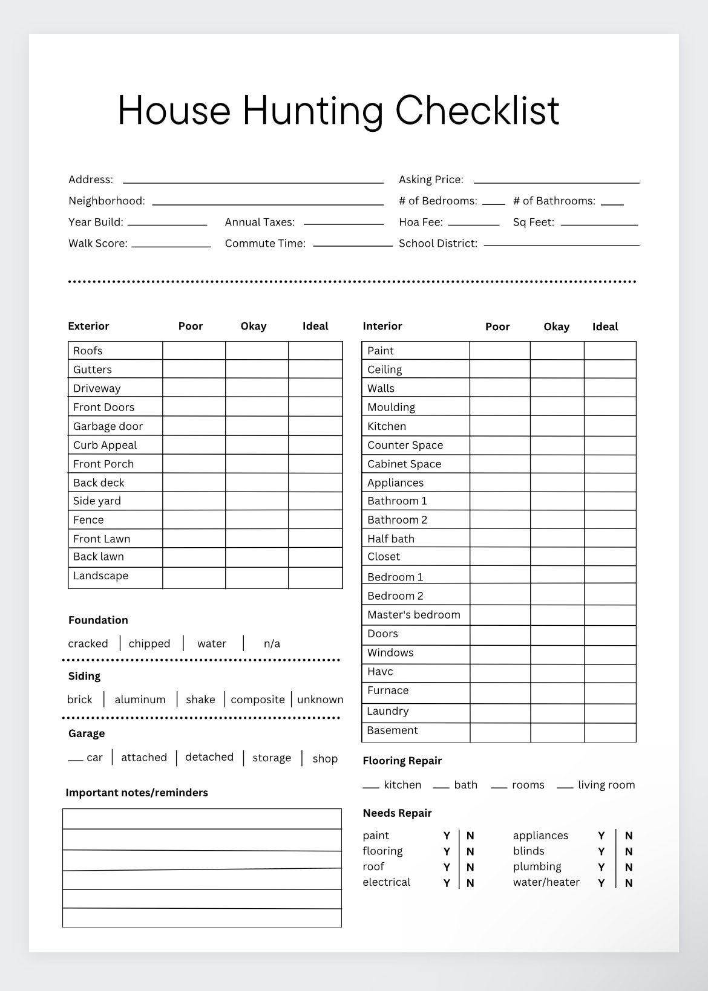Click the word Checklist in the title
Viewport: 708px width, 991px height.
[477, 111]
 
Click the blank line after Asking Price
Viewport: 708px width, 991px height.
[556, 180]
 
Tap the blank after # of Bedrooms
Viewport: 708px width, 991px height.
[494, 201]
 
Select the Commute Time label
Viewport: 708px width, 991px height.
[265, 244]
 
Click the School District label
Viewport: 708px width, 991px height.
[438, 244]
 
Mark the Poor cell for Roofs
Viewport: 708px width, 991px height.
[194, 351]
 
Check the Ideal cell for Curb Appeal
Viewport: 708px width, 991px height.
[315, 445]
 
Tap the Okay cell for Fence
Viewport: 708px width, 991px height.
[257, 520]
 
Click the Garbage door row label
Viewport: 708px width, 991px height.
[108, 426]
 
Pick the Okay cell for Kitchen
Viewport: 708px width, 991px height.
[557, 426]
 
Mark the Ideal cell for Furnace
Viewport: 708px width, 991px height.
[610, 693]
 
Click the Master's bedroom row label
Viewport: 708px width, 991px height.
[414, 615]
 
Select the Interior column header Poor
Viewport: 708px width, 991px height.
[497, 327]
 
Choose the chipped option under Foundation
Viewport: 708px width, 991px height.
[149, 644]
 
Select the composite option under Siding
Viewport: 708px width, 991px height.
[258, 700]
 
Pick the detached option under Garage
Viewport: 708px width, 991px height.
[209, 758]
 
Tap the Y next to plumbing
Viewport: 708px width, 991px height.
[601, 868]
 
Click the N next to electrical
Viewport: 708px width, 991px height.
[470, 883]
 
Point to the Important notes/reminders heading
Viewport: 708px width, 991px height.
[137, 793]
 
